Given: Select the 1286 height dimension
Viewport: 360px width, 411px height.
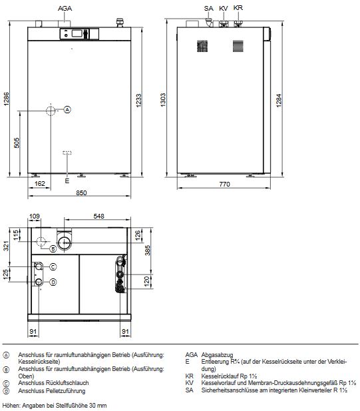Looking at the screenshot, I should coord(7,100).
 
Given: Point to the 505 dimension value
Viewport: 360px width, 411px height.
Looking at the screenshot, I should coord(17,142).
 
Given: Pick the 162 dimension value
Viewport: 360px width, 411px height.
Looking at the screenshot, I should coord(39,183).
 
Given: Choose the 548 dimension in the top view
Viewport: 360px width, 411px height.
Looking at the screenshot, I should coord(99,216).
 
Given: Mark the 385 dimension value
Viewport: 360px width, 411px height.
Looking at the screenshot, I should coord(148,250).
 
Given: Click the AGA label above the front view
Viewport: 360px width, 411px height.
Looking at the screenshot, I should coord(65,7).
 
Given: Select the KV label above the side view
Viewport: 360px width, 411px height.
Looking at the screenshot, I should coord(224,7).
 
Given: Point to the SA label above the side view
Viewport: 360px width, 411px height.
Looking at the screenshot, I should coord(208,7).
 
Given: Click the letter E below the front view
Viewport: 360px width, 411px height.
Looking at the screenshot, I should coord(67,181).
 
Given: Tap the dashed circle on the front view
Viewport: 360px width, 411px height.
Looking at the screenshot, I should coord(51,110).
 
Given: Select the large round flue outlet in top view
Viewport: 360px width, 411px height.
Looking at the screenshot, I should coord(67,241).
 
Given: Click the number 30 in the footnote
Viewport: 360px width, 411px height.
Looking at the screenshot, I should coord(90,405).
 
